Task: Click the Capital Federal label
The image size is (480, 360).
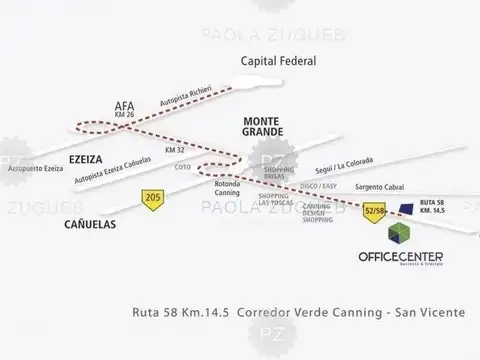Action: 279,62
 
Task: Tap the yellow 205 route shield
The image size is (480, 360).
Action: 153,197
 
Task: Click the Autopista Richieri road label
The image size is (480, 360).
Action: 182,98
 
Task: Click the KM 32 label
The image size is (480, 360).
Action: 175,150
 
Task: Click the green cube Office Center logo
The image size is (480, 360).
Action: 398,232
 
